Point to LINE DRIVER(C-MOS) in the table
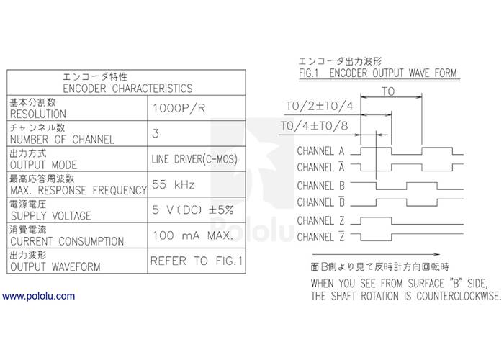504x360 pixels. [194, 159]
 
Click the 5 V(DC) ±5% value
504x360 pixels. [192, 211]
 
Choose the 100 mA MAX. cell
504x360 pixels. [192, 235]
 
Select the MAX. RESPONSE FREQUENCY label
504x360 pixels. [76, 190]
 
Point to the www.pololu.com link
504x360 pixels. [39, 296]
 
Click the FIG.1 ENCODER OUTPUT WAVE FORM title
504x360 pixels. [377, 73]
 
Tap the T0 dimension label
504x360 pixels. [388, 92]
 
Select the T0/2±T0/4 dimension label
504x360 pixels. [320, 107]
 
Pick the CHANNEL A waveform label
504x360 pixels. [320, 152]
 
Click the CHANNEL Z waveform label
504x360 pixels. [320, 220]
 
